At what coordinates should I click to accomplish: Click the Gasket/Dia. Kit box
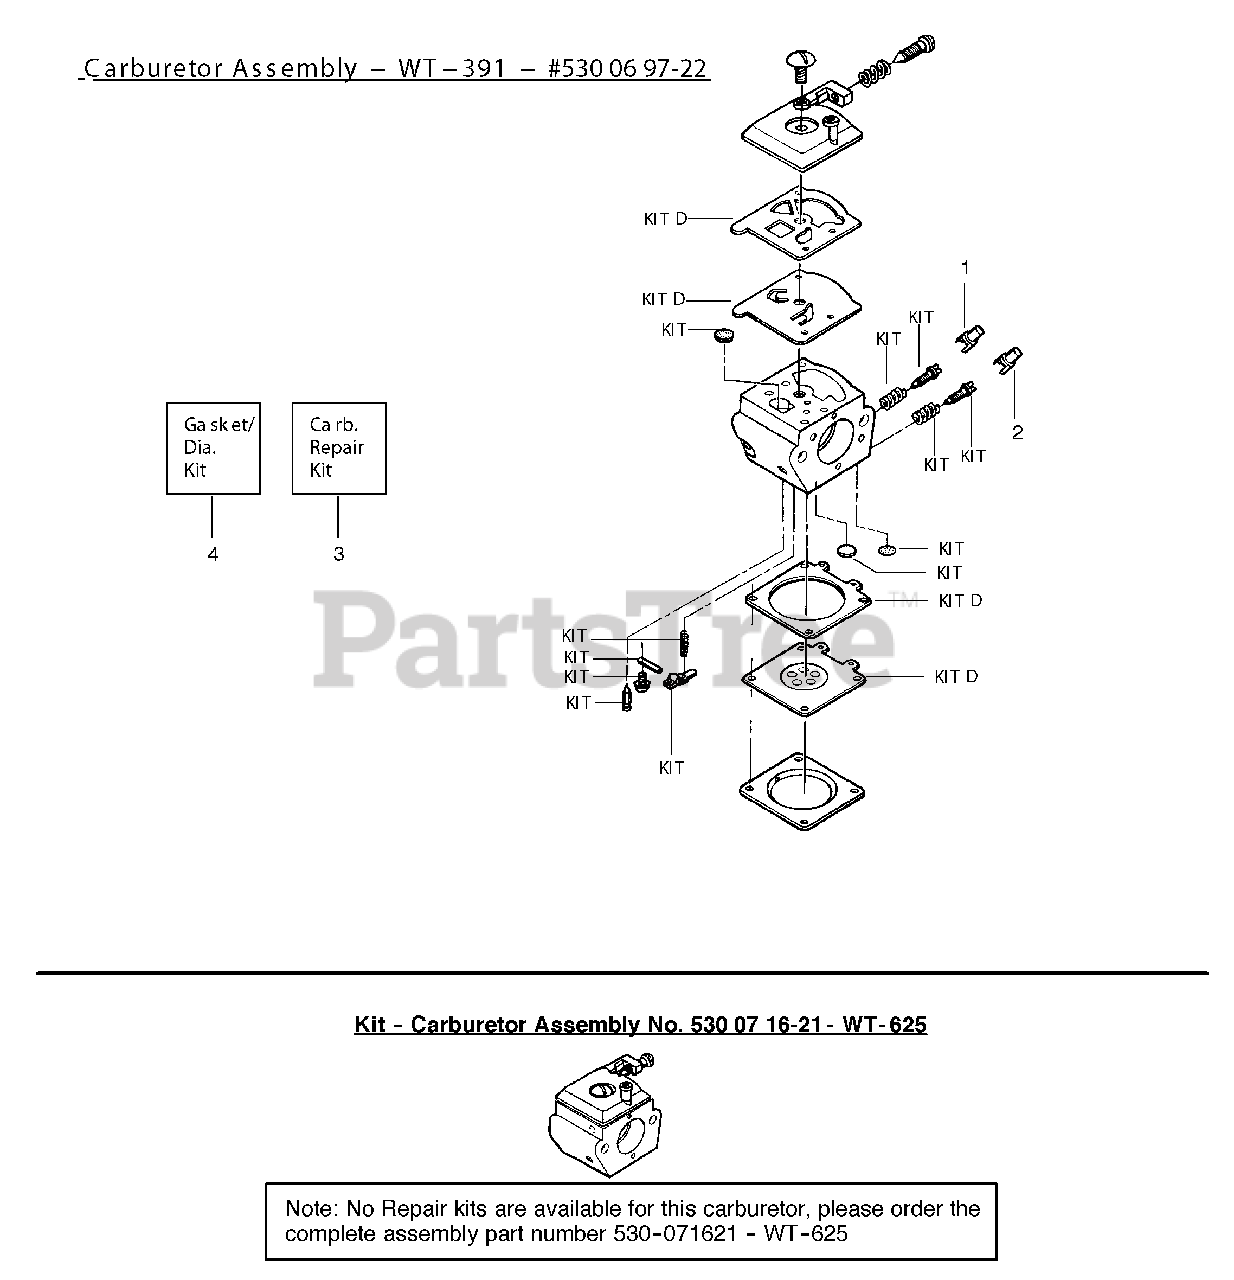[x=213, y=447]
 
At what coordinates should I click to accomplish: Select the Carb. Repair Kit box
[x=338, y=447]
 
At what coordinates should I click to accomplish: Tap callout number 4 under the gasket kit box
[x=213, y=553]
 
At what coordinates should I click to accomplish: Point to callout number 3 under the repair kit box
[x=339, y=553]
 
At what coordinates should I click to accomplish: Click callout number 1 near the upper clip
[x=965, y=268]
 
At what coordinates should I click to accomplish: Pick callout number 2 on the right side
[x=1017, y=432]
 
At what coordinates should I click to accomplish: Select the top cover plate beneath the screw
[x=801, y=135]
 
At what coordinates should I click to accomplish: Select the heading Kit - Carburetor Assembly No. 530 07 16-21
[x=640, y=1024]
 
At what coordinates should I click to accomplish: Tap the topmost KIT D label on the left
[x=666, y=218]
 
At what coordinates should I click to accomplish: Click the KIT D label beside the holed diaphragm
[x=956, y=677]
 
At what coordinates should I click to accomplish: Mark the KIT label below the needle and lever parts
[x=671, y=767]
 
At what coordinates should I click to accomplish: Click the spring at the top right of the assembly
[x=873, y=73]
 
